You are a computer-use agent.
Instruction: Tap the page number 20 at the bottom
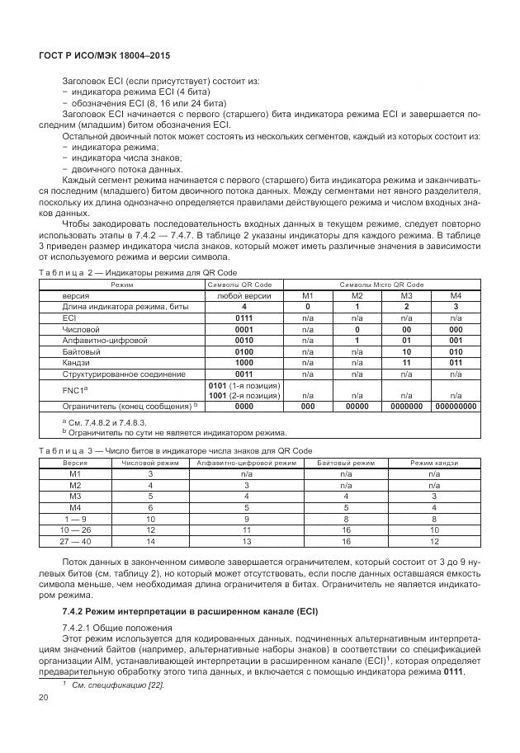coord(44,699)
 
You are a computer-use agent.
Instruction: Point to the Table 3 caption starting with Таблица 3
coord(175,451)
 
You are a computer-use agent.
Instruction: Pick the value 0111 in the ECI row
coord(243,317)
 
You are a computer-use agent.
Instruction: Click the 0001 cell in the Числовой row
coord(243,328)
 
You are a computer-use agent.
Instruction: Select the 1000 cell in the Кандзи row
coord(243,361)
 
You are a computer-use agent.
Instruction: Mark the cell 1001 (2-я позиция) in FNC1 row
coord(243,395)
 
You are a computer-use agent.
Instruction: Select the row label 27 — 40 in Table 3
coord(75,541)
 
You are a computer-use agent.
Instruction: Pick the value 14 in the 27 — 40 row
coord(150,541)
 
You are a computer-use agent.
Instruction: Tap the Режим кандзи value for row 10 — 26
coord(434,529)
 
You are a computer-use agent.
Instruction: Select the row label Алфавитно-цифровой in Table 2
coord(93,339)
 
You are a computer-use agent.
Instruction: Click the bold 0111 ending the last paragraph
coord(453,671)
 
